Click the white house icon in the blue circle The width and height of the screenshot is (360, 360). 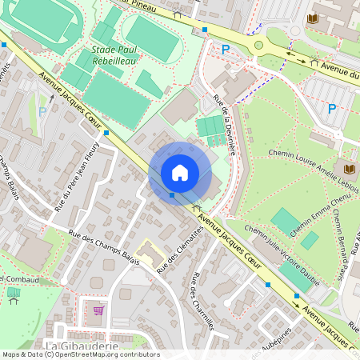180,173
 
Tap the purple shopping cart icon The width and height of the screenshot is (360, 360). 98,310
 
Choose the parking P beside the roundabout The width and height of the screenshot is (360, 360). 226,50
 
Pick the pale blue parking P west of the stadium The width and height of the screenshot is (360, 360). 42,112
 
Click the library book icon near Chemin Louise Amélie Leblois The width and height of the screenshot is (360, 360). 349,169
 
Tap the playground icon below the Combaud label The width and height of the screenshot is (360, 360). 13,294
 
